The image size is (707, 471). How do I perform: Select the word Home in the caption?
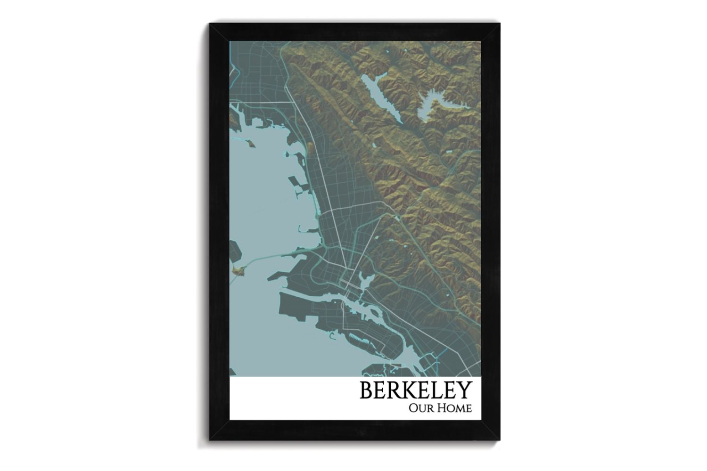coord(454,408)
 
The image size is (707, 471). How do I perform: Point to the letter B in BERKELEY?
coord(367,390)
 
